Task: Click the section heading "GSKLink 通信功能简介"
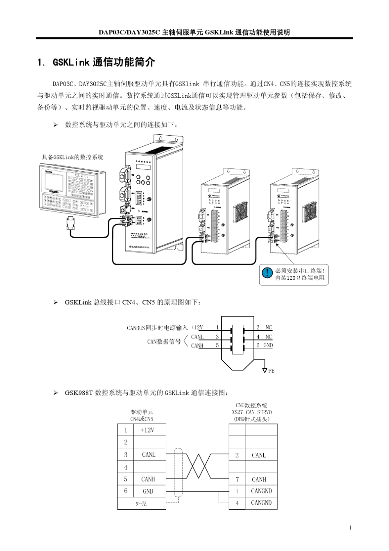pos(104,62)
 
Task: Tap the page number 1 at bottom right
pos(351,528)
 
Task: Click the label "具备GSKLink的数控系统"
pos(72,157)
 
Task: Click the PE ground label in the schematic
pos(271,370)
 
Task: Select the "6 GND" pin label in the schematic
pos(264,345)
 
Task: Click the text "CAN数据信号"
pos(164,341)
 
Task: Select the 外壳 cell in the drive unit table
pos(141,503)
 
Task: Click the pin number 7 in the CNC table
pos(237,479)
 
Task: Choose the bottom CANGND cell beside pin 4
pos(261,503)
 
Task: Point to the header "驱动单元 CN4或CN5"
pos(142,415)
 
